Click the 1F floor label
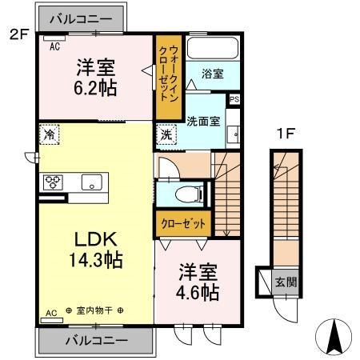click(x=286, y=134)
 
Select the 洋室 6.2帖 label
click(x=97, y=78)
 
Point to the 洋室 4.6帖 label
click(x=197, y=282)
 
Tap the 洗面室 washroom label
click(x=203, y=122)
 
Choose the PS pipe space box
click(x=234, y=99)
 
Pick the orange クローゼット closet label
click(x=182, y=223)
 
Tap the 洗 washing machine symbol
click(x=167, y=135)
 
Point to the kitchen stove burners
click(x=54, y=181)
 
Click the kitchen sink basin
click(x=91, y=181)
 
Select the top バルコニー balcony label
click(x=83, y=18)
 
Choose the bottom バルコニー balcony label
click(x=95, y=339)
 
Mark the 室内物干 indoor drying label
click(x=94, y=310)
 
